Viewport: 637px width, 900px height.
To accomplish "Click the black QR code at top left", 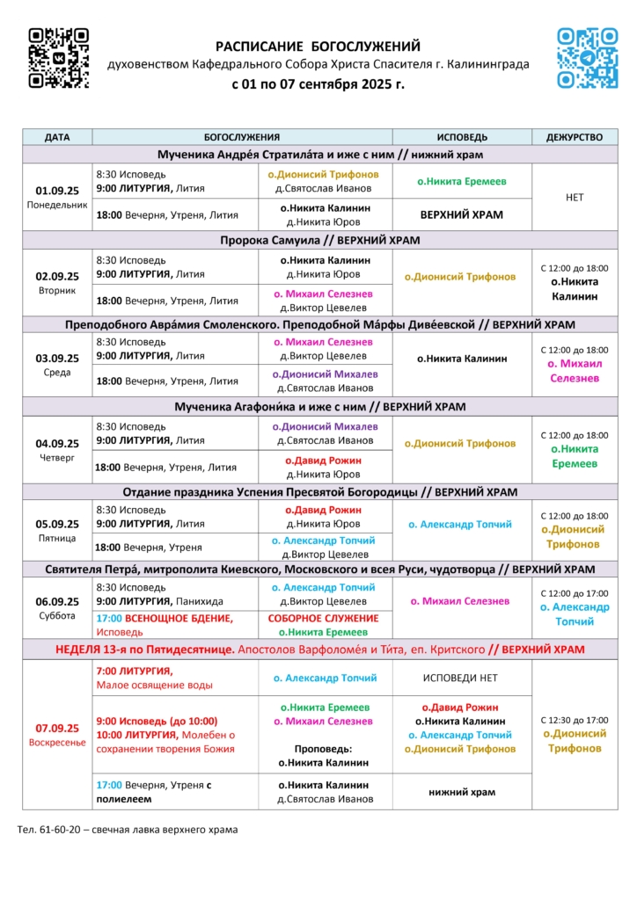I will (x=59, y=58).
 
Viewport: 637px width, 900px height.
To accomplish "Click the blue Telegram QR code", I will (x=588, y=58).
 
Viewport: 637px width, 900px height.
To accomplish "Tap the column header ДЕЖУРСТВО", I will (x=575, y=137).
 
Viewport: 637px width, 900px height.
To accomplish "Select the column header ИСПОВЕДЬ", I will (x=462, y=137).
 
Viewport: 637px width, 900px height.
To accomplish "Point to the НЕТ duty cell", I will (x=575, y=198).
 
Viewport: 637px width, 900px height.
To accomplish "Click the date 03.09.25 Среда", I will (x=57, y=364).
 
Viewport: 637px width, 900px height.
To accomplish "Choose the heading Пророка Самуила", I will (x=319, y=240).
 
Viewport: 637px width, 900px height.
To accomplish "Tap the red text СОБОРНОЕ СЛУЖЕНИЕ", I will (x=325, y=618).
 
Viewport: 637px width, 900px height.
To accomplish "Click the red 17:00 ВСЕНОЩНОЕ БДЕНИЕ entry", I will (x=165, y=618).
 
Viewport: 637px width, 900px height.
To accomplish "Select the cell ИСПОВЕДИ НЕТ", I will (x=462, y=678).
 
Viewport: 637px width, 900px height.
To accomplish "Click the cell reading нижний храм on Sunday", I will (x=462, y=792).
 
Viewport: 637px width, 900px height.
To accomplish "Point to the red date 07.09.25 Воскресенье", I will (x=57, y=734).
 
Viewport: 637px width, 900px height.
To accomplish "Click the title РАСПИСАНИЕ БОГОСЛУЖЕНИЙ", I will (x=318, y=46).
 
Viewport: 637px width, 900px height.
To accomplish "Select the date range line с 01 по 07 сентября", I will (x=318, y=85).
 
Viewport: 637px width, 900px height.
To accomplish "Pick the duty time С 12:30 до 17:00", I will (x=575, y=720).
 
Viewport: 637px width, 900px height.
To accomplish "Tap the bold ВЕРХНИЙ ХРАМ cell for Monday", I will (x=462, y=214).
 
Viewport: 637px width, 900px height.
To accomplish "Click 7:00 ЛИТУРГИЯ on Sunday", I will (x=135, y=671).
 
